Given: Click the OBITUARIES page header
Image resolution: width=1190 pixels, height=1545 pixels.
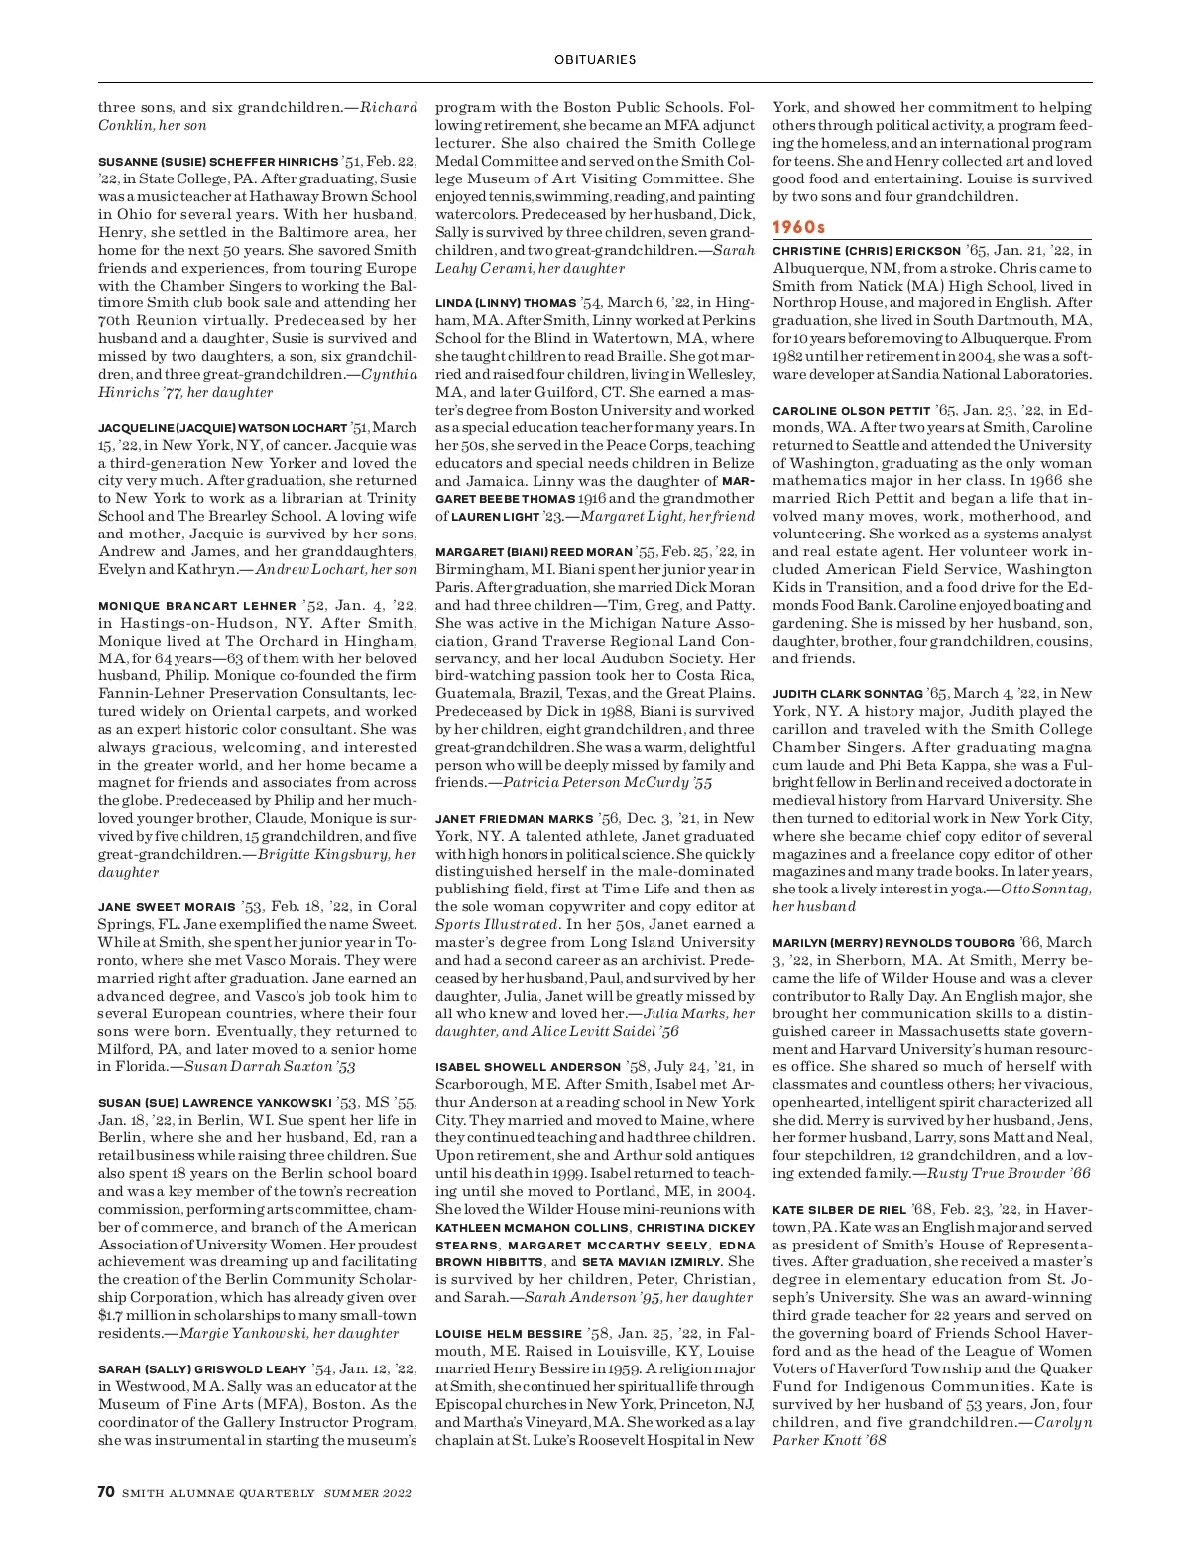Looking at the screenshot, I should [595, 59].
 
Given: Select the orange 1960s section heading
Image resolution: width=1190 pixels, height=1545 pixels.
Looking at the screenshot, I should [798, 227].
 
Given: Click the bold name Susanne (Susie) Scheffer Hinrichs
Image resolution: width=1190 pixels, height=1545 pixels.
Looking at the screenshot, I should [218, 161].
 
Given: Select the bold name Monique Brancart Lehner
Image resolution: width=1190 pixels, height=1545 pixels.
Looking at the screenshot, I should [197, 605].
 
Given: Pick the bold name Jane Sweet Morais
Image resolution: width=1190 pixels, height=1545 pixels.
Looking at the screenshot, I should [167, 906].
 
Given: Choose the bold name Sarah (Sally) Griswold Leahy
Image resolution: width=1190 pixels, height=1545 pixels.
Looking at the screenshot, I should [202, 1369].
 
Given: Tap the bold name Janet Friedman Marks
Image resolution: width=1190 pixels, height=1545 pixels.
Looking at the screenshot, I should [514, 818].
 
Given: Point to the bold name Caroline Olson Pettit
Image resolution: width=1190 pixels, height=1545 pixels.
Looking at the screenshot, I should [851, 411].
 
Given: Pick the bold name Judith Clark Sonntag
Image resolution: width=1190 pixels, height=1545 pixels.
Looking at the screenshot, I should [848, 694].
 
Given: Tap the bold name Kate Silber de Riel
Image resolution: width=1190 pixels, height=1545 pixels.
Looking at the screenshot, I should [839, 1209].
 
